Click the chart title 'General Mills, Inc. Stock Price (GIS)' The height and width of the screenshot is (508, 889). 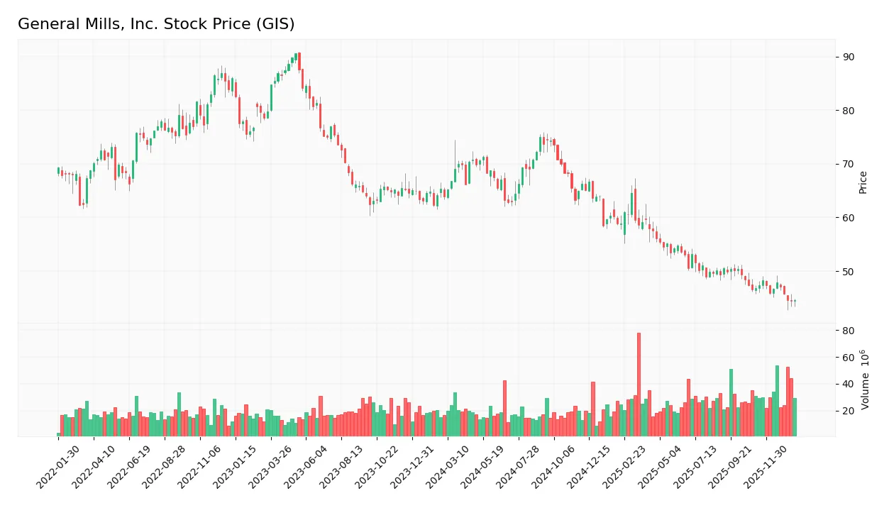(x=156, y=24)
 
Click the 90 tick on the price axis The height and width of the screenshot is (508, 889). (x=849, y=57)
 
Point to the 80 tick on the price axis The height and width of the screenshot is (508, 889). (x=849, y=111)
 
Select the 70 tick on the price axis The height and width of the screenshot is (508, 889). (x=849, y=164)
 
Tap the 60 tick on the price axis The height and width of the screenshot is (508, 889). (x=849, y=218)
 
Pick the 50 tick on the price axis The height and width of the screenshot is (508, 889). (x=849, y=272)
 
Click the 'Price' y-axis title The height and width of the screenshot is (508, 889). (x=863, y=182)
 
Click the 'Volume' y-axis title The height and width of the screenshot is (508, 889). (x=865, y=380)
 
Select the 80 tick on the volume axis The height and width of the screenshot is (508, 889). (x=849, y=331)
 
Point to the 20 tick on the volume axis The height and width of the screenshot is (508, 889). (x=849, y=412)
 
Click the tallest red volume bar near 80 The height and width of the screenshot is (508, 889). (x=639, y=384)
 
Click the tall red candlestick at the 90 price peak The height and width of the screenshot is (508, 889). (x=299, y=61)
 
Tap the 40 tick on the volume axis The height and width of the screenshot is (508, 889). (x=849, y=385)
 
